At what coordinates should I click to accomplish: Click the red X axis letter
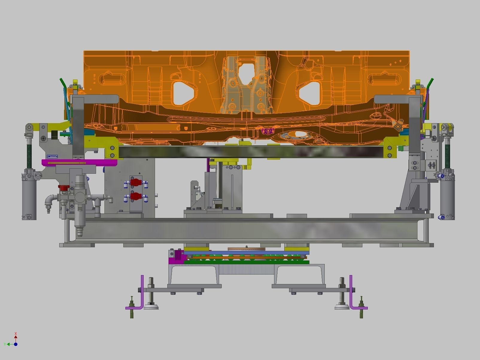[x=16, y=333]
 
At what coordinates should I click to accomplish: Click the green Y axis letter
[x=5, y=344]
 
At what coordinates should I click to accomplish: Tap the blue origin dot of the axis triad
[x=16, y=344]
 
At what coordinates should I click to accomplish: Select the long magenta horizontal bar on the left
[x=79, y=163]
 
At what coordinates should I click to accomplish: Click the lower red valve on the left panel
[x=136, y=196]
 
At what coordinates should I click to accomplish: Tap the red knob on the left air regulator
[x=63, y=188]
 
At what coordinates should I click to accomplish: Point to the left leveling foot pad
[x=151, y=306]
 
